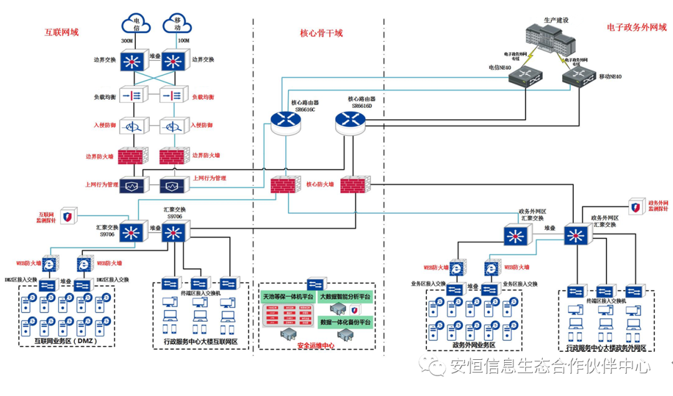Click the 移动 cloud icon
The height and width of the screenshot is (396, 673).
(176, 24)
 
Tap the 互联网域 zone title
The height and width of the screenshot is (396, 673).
(62, 31)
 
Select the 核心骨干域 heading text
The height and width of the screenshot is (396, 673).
(321, 33)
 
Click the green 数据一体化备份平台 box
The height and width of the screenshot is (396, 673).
(345, 322)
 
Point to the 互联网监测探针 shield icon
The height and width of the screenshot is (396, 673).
(68, 216)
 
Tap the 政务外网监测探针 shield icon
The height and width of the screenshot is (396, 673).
(636, 207)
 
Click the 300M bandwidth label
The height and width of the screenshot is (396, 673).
(127, 42)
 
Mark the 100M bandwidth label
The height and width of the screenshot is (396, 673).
(184, 42)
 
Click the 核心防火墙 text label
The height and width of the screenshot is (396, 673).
(320, 185)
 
